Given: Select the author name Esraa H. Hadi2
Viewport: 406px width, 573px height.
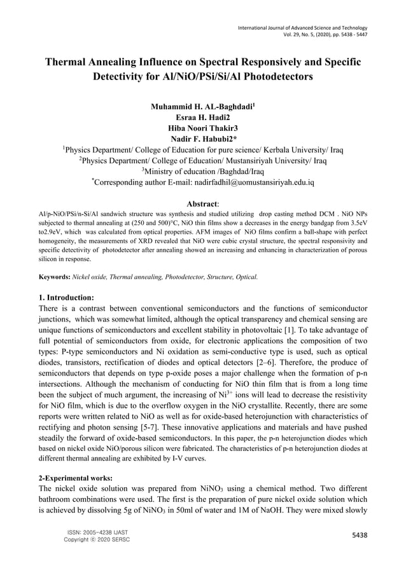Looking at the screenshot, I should (x=202, y=118).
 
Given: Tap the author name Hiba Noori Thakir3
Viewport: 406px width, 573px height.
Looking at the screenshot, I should (x=202, y=128).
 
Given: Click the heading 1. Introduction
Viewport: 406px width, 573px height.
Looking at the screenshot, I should (x=67, y=297).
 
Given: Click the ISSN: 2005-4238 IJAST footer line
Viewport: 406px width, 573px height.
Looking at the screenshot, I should (x=96, y=532).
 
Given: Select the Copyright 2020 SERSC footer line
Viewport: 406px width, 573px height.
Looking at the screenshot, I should (x=97, y=540).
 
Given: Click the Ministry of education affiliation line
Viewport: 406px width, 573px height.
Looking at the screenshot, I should (x=202, y=171).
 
